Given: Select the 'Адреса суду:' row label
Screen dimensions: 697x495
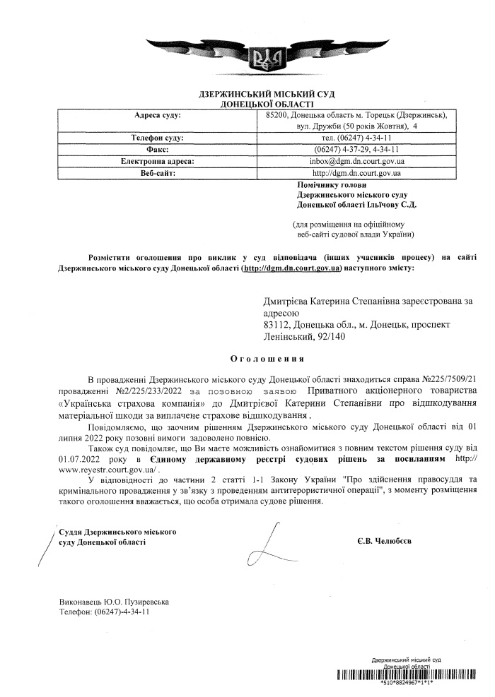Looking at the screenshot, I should pyautogui.click(x=157, y=114).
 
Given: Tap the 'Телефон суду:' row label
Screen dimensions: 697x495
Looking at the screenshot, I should pyautogui.click(x=157, y=138).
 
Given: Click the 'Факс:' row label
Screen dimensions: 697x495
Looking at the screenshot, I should pyautogui.click(x=157, y=150).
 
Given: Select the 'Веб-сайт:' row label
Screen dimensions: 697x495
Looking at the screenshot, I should pyautogui.click(x=157, y=172).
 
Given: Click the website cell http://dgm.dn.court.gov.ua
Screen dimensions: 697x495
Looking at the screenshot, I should pyautogui.click(x=356, y=172).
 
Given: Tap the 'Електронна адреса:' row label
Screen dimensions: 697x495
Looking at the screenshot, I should pyautogui.click(x=157, y=161).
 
